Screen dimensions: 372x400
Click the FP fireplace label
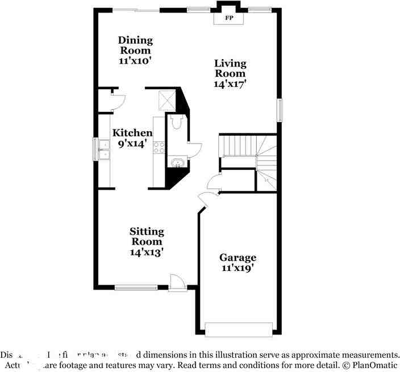(228, 19)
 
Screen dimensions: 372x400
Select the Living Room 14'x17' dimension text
(230, 84)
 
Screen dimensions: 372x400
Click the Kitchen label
(132, 133)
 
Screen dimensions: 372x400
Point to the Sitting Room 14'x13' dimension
(147, 252)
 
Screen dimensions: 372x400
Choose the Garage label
(238, 257)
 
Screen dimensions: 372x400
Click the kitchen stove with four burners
(159, 148)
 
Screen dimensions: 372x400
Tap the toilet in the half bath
(175, 122)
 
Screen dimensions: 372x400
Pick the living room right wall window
(279, 110)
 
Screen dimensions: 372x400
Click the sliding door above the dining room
(139, 10)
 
